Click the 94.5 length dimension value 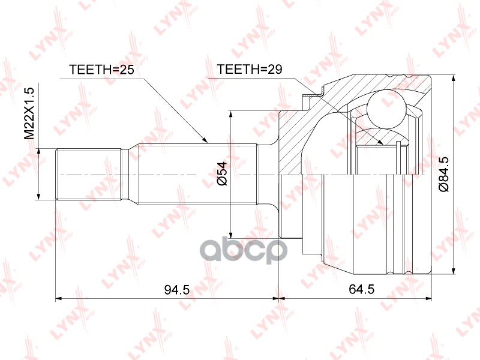tap(176, 289)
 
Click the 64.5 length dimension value tap(362, 289)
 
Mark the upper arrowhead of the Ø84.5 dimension tap(454, 80)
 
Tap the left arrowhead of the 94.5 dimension tap(58, 298)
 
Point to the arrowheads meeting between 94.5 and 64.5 tap(280, 298)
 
